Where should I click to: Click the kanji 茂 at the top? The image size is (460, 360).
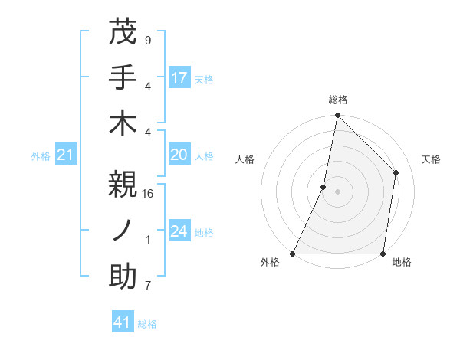click(123, 33)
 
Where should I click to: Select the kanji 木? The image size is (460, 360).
click(123, 123)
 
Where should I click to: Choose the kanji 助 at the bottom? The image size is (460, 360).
click(123, 277)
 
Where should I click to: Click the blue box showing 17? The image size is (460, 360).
click(179, 77)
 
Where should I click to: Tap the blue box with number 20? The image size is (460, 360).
click(179, 155)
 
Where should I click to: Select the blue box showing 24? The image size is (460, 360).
click(179, 231)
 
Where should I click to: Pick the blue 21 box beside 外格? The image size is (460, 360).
click(66, 155)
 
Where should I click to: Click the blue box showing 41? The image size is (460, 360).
click(123, 322)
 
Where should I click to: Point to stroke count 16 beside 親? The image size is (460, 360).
click(149, 195)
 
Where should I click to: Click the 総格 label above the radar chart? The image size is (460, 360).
click(338, 100)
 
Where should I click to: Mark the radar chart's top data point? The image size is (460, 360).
click(337, 116)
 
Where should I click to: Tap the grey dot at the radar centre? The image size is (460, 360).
click(337, 191)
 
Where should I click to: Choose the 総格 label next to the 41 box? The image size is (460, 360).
click(148, 324)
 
